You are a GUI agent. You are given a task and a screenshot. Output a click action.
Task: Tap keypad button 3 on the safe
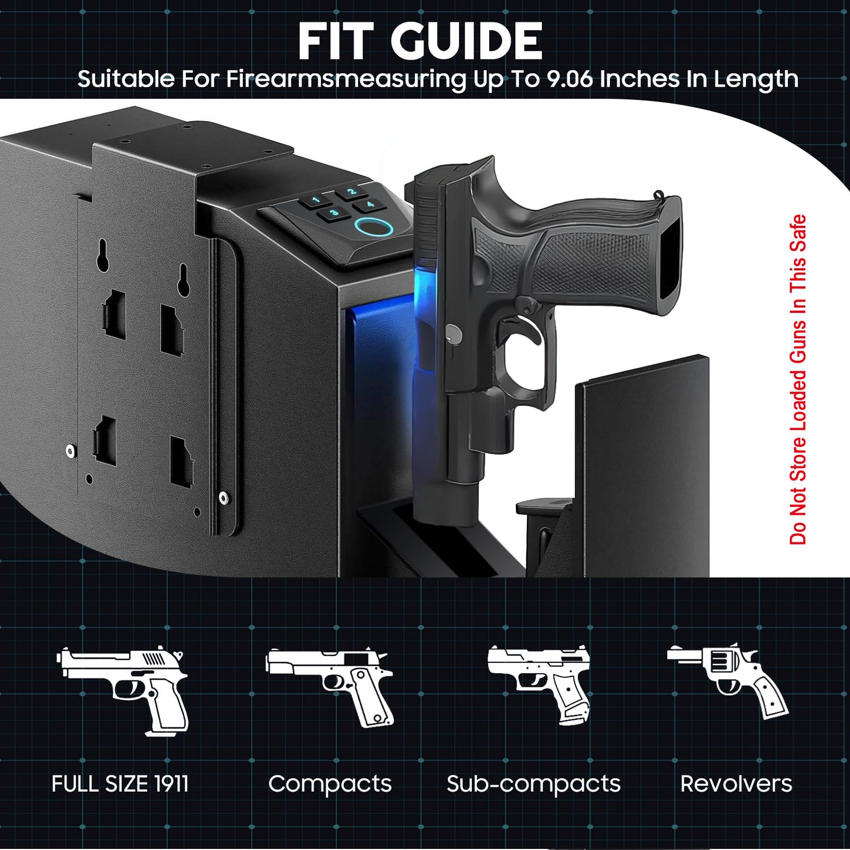pyautogui.click(x=334, y=214)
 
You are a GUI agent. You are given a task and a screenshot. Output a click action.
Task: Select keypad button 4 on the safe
pyautogui.click(x=370, y=205)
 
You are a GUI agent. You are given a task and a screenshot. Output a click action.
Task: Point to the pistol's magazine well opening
pyautogui.click(x=670, y=255)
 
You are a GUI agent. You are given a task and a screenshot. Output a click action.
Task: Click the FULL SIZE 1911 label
pyautogui.click(x=120, y=784)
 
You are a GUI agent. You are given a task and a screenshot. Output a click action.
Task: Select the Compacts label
pyautogui.click(x=330, y=784)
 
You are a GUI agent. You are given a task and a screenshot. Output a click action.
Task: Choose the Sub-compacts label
pyautogui.click(x=533, y=784)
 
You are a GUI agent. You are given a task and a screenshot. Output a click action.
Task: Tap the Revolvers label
pyautogui.click(x=736, y=784)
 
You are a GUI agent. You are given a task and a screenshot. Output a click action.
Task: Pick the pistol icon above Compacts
pyautogui.click(x=330, y=685)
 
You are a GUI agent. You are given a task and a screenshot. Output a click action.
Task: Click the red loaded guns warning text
pyautogui.click(x=798, y=379)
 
